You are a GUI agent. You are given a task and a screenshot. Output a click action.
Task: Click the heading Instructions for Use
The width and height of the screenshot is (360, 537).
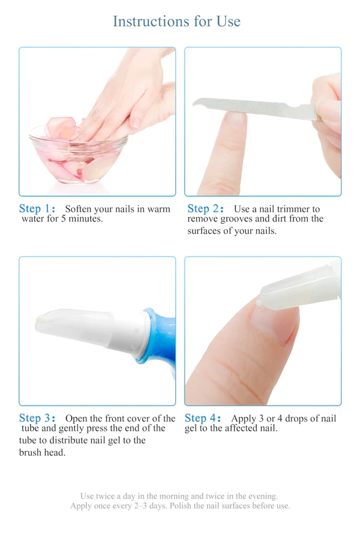pos(176,22)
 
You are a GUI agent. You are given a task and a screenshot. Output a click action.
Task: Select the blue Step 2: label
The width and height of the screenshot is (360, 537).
pos(206,209)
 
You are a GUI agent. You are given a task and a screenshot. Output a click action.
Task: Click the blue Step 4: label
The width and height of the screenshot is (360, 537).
pos(203,418)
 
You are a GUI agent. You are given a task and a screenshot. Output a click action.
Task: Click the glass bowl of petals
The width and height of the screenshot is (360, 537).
pos(78,156)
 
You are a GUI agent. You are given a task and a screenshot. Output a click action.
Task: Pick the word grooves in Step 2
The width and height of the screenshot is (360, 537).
pos(240,219)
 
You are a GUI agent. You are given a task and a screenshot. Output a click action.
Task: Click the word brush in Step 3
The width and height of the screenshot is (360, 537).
pos(32,452)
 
